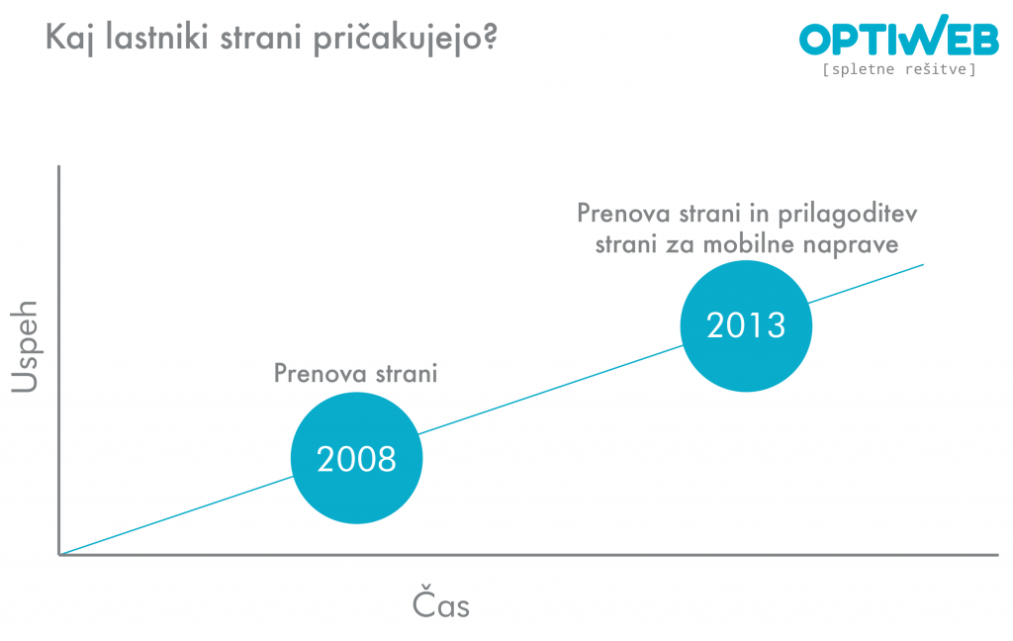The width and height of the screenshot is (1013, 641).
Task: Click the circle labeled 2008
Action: pyautogui.click(x=356, y=458)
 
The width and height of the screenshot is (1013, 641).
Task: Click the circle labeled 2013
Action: pyautogui.click(x=746, y=325)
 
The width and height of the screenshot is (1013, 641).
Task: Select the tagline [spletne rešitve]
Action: pyautogui.click(x=898, y=70)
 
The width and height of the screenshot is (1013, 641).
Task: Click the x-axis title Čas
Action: pyautogui.click(x=441, y=605)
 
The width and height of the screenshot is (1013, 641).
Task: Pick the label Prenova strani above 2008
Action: pyautogui.click(x=355, y=374)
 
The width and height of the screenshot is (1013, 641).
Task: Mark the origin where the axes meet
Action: pyautogui.click(x=60, y=554)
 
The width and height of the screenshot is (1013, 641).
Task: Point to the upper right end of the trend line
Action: pyautogui.click(x=923, y=264)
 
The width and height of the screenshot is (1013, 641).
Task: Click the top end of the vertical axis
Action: pyautogui.click(x=60, y=167)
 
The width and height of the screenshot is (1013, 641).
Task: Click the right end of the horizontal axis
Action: pyautogui.click(x=994, y=554)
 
